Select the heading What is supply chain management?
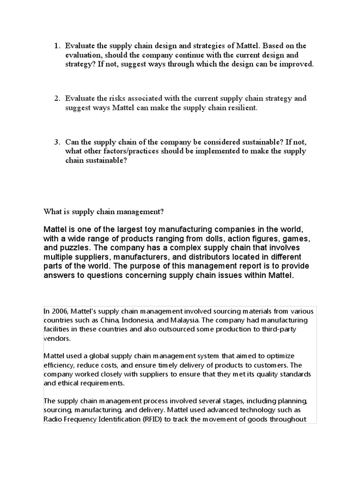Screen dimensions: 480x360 point(104,211)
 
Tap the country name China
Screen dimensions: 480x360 point(109,320)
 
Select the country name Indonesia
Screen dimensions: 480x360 point(139,320)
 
